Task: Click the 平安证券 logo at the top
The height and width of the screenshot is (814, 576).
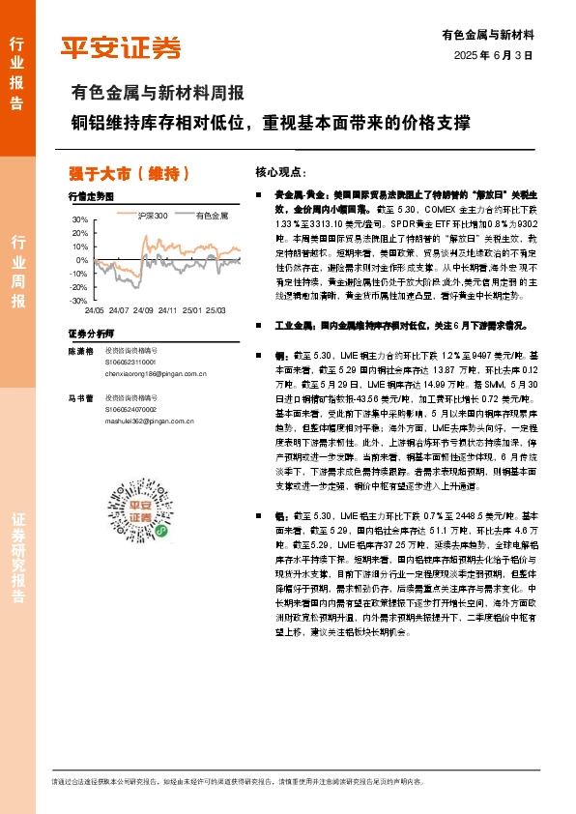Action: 122,46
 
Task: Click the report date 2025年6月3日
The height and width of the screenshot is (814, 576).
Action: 493,56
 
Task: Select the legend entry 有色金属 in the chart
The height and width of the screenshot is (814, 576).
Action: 211,215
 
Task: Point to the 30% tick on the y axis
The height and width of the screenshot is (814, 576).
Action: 79,219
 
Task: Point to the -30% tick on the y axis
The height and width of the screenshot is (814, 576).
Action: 77,301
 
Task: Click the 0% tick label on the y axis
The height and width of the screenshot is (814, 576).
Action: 81,260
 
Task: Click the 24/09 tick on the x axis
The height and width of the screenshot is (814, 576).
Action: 142,310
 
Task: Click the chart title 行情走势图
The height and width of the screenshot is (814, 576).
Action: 91,195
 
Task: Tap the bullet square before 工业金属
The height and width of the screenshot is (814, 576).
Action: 259,326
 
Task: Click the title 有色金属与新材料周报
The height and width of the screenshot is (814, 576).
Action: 158,94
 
